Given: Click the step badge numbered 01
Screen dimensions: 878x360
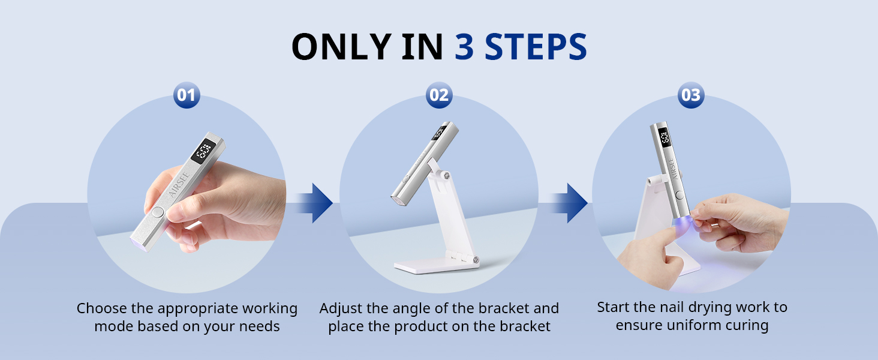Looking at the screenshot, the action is click(x=187, y=95).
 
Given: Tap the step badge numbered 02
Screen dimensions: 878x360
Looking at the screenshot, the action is click(x=439, y=95).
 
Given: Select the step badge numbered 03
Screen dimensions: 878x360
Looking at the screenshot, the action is click(x=691, y=95).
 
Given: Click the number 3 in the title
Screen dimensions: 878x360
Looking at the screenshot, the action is click(x=464, y=47).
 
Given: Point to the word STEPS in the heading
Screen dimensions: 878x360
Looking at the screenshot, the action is click(x=536, y=47).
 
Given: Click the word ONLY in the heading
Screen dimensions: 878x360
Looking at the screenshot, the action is click(x=341, y=47).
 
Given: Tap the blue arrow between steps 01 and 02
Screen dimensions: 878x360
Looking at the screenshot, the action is click(x=314, y=203).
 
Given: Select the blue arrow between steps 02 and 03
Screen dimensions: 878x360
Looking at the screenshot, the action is click(x=569, y=203).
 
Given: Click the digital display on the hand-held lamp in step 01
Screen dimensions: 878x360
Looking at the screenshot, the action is click(x=204, y=151).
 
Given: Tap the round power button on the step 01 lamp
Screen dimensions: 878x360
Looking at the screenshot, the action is click(x=158, y=212).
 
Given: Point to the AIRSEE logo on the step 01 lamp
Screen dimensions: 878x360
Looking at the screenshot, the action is click(x=179, y=185).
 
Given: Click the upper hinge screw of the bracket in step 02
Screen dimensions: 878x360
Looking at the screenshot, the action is click(x=445, y=175).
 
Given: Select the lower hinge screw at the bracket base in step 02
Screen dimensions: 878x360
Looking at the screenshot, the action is click(x=476, y=260).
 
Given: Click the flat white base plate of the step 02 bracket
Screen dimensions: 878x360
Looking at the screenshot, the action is click(x=435, y=266).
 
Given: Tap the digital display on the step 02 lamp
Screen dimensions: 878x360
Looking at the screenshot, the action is click(x=440, y=133).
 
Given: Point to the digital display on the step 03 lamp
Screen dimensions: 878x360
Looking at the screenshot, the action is click(x=664, y=137).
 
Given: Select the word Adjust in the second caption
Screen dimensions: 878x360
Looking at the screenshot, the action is click(x=341, y=309).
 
